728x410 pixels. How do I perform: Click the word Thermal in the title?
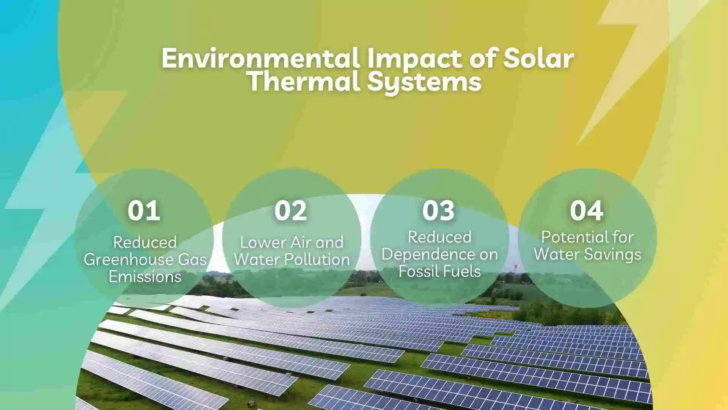point(304,81)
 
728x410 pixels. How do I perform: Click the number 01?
point(144,211)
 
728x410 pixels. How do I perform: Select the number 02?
point(291,211)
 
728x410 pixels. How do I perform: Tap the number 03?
point(438,211)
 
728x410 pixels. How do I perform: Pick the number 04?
point(587,211)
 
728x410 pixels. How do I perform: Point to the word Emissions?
point(145,276)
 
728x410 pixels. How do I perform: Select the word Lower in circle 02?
point(257,242)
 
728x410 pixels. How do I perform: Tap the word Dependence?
point(424,254)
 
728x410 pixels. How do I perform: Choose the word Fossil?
point(416,271)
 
